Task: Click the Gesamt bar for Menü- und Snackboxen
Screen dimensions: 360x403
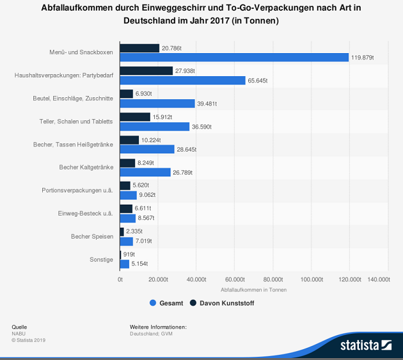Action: [234, 58]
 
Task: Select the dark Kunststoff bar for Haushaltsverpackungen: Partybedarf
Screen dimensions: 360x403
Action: [146, 71]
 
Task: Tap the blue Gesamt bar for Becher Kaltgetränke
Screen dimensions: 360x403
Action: [145, 172]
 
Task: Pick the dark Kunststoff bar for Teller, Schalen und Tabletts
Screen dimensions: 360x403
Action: [135, 117]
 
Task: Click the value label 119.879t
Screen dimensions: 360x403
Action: [362, 58]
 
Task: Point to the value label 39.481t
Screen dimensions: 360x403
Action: [207, 104]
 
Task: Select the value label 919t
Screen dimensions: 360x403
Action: [129, 254]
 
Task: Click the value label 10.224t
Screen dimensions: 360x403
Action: [151, 140]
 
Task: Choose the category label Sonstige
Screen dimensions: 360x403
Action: [102, 259]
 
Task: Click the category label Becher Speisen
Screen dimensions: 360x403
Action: [92, 237]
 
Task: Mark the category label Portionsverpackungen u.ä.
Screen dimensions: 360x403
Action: [77, 191]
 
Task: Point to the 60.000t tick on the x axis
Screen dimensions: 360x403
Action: [235, 279]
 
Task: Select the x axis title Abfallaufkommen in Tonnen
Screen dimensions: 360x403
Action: [254, 290]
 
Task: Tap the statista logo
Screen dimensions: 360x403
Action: [366, 345]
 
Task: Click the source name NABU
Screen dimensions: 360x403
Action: [19, 333]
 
